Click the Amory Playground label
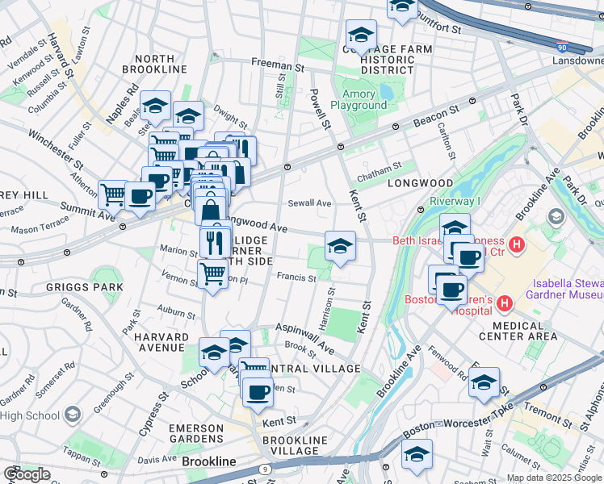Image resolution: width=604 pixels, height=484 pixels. click(x=358, y=99)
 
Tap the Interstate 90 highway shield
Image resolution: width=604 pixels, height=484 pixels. click(x=562, y=48)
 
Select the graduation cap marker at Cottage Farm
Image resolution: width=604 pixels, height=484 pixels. click(x=361, y=36)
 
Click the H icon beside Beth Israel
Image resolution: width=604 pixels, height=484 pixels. click(x=518, y=242)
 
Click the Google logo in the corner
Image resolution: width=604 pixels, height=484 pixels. click(x=27, y=474)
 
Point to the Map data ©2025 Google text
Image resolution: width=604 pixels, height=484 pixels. click(x=553, y=478)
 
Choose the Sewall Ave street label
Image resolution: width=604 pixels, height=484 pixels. click(x=311, y=204)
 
